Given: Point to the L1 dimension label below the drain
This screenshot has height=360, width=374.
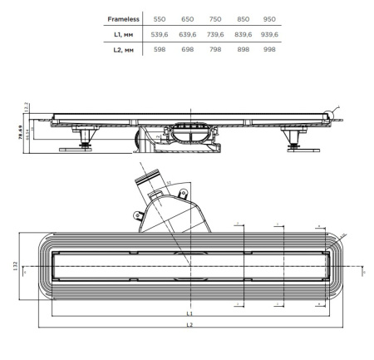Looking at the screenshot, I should click(189, 313).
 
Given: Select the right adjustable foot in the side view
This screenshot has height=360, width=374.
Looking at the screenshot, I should click(294, 140).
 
